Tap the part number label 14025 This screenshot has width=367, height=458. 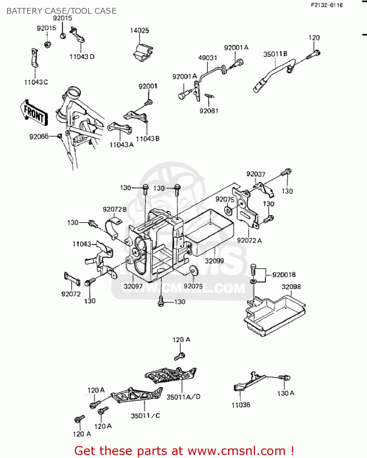click(x=139, y=31)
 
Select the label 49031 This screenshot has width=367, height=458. click(x=207, y=58)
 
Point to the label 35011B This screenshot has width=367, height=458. click(x=275, y=54)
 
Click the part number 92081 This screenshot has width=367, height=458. click(x=209, y=111)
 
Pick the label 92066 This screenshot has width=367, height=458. click(x=39, y=136)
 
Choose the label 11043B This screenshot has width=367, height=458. click(x=148, y=139)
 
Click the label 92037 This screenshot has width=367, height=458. click(x=256, y=174)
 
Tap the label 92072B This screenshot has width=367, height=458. click(x=114, y=209)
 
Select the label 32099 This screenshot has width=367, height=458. click(x=214, y=261)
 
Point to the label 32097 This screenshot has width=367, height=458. click(x=133, y=286)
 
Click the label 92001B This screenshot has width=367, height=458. click(x=284, y=275)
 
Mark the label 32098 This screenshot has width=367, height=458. click(x=291, y=287)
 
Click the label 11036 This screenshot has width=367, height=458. click(x=241, y=405)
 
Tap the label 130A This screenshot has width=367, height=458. click(x=286, y=393)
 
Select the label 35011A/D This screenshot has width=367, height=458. click(x=183, y=397)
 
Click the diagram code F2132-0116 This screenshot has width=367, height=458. click(x=327, y=5)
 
